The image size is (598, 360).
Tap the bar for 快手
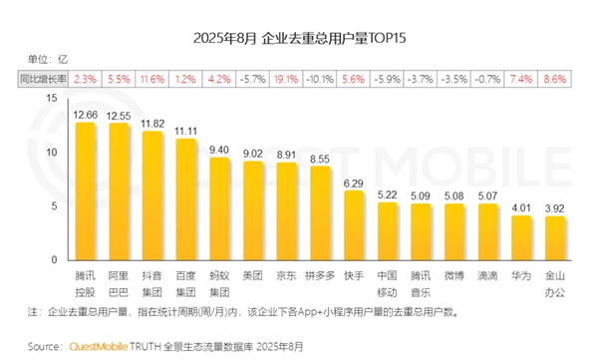click(x=354, y=220)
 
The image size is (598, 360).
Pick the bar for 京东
click(x=287, y=206)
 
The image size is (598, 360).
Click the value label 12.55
click(x=120, y=116)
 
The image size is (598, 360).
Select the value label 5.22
click(x=388, y=193)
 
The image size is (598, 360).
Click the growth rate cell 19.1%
click(x=287, y=77)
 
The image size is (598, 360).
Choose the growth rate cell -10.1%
click(x=321, y=77)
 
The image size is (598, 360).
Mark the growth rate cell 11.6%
click(x=152, y=77)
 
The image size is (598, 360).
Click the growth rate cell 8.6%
click(x=556, y=77)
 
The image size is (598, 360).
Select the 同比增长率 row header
click(x=41, y=77)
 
